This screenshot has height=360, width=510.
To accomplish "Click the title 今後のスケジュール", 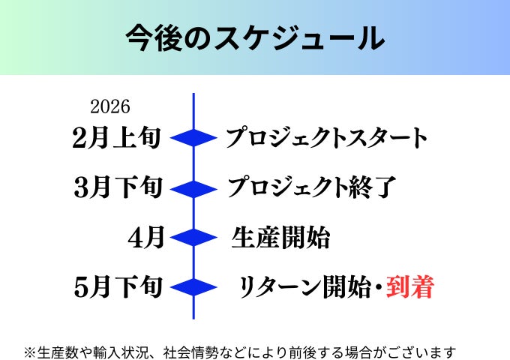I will tap(255, 38).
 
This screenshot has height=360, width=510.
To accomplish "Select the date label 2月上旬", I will tap(117, 138).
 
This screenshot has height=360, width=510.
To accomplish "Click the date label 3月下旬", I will tap(118, 187).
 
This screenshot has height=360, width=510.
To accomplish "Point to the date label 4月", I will tap(146, 238).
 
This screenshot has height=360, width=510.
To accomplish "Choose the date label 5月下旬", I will tap(118, 287).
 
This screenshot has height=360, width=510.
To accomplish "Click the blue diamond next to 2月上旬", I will tap(193, 138).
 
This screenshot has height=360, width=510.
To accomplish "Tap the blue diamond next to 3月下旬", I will tap(193, 187).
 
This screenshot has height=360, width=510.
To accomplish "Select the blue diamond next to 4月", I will tap(193, 238).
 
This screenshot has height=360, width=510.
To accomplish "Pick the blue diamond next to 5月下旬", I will tap(193, 287).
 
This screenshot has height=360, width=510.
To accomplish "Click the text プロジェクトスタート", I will tap(326, 139).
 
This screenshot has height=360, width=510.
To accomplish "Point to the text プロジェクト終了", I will tap(310, 187).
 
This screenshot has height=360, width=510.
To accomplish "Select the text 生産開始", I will tap(280, 238).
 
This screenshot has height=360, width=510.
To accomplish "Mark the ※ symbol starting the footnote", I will tap(30, 351).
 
